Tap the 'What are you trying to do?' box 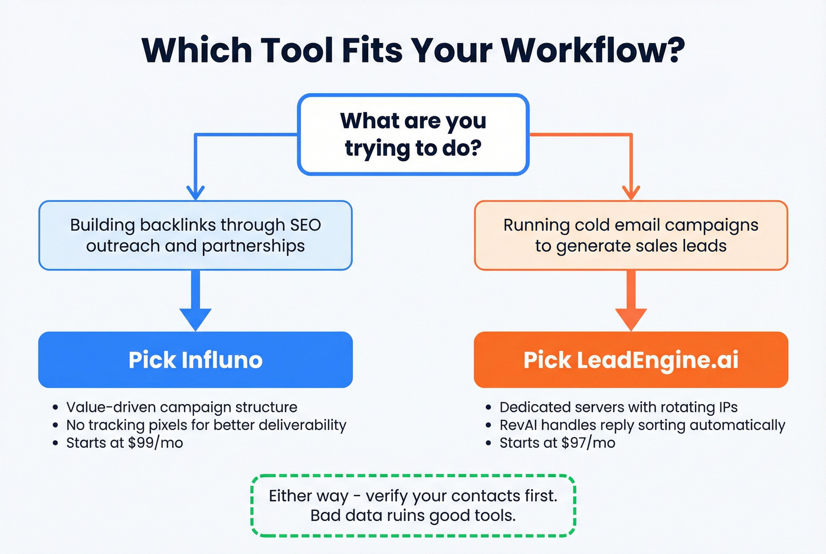tap(413, 135)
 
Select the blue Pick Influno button tap(195, 360)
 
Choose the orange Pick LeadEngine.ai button tap(631, 360)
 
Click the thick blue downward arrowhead tap(195, 319)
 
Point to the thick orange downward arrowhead tap(631, 319)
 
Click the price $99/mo tap(155, 443)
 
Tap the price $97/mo tap(588, 443)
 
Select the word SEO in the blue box tap(305, 225)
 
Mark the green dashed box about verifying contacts tap(413, 506)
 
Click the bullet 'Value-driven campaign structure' tap(182, 407)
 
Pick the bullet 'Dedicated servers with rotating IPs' tap(618, 407)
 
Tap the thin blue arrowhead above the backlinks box tap(195, 193)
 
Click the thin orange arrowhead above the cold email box tap(631, 193)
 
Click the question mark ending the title tap(672, 50)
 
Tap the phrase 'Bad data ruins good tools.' tap(413, 516)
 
